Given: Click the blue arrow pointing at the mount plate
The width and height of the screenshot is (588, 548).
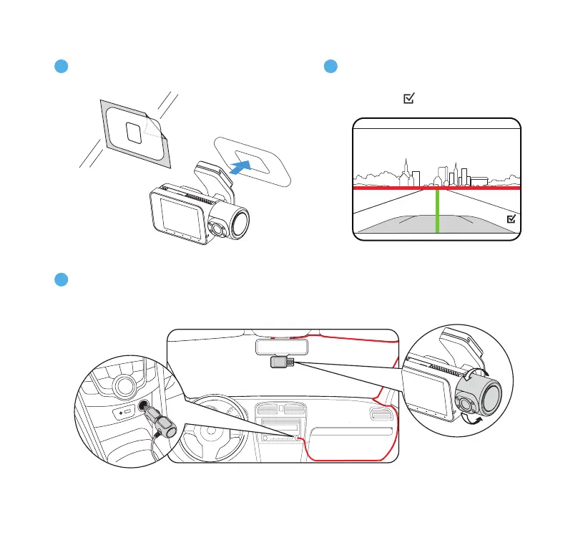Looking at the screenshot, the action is (x=241, y=167).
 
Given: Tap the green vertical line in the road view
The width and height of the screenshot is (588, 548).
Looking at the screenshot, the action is (x=436, y=211).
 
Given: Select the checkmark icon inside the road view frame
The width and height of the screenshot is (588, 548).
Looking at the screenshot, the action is (x=511, y=219).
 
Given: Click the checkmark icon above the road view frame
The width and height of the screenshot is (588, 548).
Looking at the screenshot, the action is (x=408, y=102).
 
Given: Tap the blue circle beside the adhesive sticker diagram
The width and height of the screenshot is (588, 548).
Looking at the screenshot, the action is (x=62, y=67).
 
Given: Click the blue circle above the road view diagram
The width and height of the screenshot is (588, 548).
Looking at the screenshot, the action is (x=330, y=67).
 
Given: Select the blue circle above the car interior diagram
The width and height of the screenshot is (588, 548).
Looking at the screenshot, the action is (x=62, y=279).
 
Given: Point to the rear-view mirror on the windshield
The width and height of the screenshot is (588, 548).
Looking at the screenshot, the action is (x=282, y=346).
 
